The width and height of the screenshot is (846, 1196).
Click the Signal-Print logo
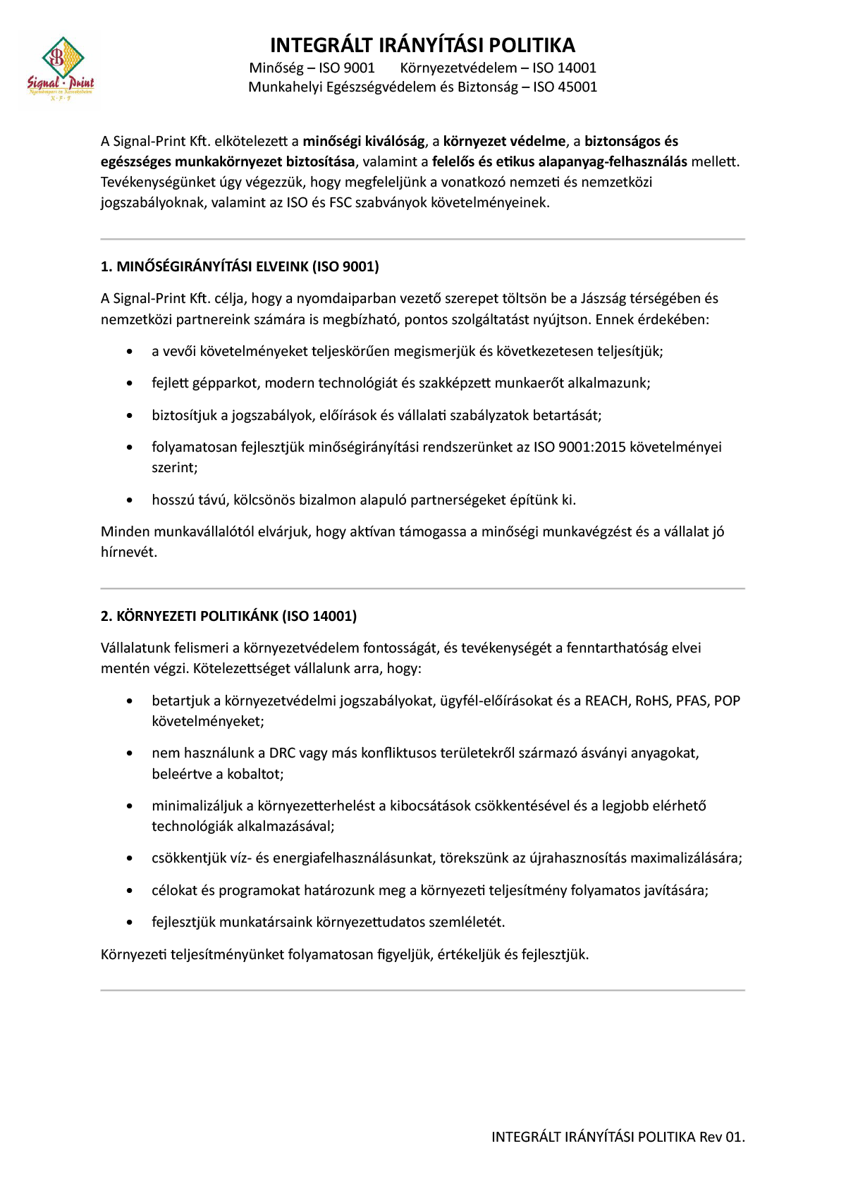pos(60,68)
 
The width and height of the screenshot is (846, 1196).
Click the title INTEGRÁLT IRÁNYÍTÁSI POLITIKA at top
pos(422,45)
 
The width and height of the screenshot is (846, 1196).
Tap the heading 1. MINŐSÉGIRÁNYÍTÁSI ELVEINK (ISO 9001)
pos(240,266)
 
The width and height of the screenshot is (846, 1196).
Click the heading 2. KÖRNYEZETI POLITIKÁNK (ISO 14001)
pos(228,616)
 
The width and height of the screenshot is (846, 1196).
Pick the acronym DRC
pos(282,753)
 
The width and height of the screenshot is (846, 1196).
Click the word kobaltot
pos(255,774)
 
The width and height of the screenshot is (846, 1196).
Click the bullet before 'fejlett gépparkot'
pos(129,383)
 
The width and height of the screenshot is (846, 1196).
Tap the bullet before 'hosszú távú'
pos(129,500)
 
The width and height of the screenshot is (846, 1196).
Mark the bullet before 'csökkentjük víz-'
pos(129,858)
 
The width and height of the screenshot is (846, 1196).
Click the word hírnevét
pos(128,552)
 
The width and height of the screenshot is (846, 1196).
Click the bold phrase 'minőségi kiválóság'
pos(364,141)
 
